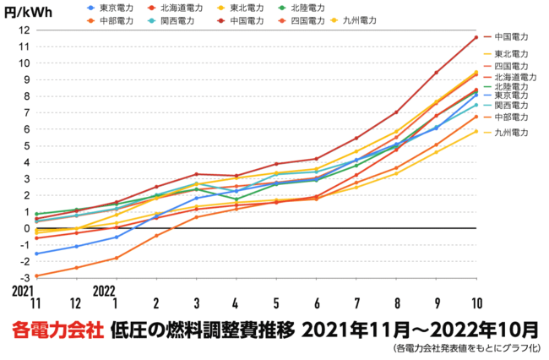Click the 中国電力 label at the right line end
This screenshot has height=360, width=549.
point(511,36)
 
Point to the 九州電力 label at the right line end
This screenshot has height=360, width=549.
point(511,133)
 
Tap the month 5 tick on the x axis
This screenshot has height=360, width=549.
point(276,303)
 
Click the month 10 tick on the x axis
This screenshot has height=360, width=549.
point(476,303)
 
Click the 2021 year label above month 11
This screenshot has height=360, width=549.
point(23,290)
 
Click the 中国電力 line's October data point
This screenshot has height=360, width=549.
point(476,37)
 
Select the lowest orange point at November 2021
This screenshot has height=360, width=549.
point(36,276)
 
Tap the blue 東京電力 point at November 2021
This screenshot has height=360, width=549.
point(36,254)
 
